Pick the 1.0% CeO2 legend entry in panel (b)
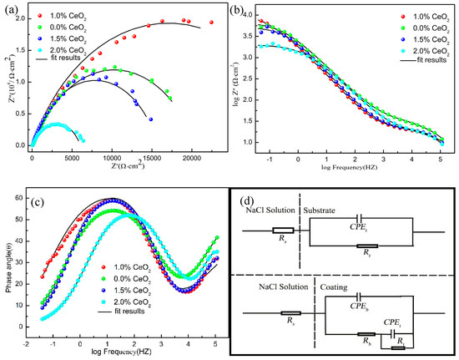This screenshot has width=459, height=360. tap(400, 18)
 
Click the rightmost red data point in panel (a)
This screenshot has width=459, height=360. tap(211, 23)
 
